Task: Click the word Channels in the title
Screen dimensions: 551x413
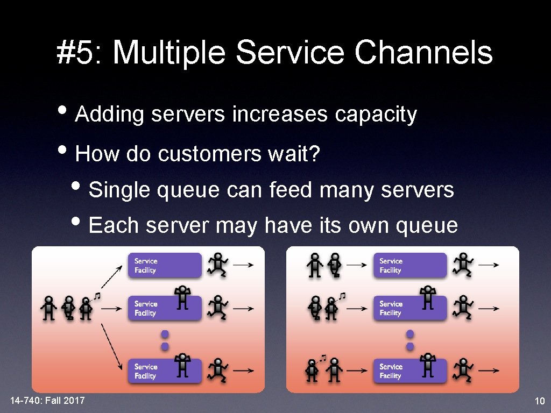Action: coord(423,52)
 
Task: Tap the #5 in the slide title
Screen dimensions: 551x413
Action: coord(75,52)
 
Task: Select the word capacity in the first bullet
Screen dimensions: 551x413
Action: coord(376,115)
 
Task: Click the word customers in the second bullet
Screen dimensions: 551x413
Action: coord(209,154)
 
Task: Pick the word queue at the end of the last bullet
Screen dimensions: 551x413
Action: coord(427,226)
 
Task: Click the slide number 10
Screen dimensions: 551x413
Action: coord(539,401)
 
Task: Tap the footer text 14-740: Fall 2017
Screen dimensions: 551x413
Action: coord(47,400)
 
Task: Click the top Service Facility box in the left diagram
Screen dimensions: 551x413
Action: coord(165,265)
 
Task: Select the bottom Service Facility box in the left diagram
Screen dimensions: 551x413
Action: coord(165,371)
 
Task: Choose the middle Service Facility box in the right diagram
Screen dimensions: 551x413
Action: coord(409,308)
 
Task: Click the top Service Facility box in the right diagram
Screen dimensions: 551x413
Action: coord(409,265)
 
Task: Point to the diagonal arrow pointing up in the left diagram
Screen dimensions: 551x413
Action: coord(112,277)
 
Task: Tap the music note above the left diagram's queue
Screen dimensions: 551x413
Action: coord(97,296)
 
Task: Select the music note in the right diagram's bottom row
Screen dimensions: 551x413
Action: coord(323,358)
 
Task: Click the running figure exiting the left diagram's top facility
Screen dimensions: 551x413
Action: coord(217,265)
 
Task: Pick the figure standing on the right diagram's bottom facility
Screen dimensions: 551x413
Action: coord(428,365)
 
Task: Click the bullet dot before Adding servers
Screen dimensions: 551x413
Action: coord(62,110)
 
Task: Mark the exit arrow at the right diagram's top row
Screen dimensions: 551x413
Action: coord(489,265)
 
